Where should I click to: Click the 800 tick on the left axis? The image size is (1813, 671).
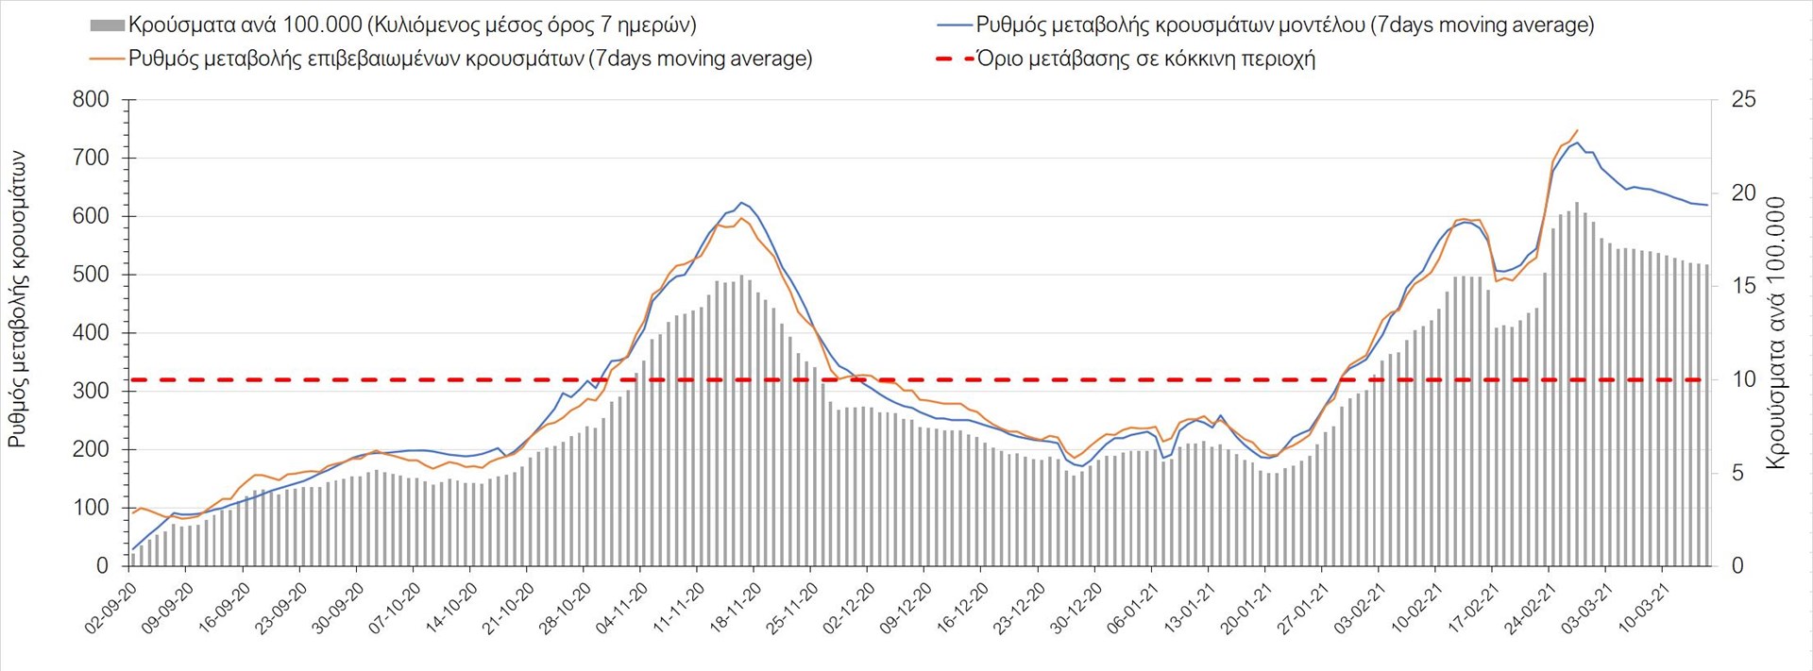click(x=91, y=100)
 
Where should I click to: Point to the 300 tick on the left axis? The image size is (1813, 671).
click(x=91, y=391)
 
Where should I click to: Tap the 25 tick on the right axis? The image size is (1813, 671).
click(x=1743, y=100)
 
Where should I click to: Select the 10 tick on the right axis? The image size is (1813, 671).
click(x=1743, y=379)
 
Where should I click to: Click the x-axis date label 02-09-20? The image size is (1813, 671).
click(x=111, y=608)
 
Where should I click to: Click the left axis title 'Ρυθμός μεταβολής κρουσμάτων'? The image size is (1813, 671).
click(x=17, y=299)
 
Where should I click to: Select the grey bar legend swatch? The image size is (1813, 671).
click(x=107, y=25)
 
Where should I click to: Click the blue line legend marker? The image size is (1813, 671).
click(x=955, y=25)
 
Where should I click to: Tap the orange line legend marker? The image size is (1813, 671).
click(x=107, y=59)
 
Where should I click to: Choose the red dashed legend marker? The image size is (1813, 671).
click(x=955, y=59)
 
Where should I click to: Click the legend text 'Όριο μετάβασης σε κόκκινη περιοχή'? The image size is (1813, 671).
click(x=1145, y=59)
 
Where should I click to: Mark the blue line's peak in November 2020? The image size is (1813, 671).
click(x=741, y=202)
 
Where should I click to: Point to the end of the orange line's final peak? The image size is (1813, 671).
click(x=1577, y=130)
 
